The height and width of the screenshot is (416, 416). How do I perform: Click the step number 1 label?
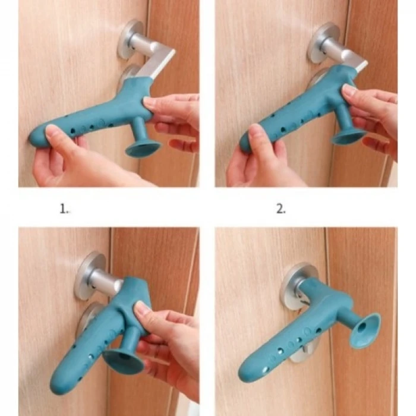point(64,209)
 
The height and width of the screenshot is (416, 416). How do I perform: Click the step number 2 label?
point(281,209)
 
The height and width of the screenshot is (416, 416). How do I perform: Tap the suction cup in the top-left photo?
point(143,149)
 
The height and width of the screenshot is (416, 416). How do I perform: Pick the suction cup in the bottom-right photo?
point(364,330)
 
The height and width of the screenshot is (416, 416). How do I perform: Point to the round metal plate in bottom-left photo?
point(89,276)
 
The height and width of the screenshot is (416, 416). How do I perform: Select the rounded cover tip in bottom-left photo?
point(59,381)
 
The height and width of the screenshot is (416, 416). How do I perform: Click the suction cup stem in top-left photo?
point(139,131)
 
